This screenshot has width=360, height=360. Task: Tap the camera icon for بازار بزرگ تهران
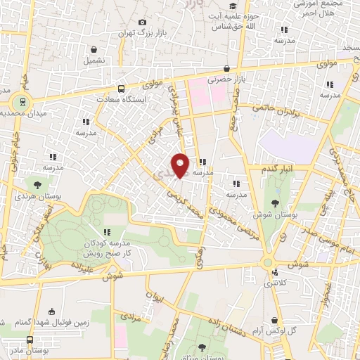pos(143,22)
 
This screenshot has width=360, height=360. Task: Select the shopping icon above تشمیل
pos(94,49)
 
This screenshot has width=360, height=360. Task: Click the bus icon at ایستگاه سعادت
pos(121,89)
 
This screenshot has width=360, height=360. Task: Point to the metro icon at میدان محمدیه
pos(23,101)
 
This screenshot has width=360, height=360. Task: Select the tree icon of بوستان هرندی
pos(37,184)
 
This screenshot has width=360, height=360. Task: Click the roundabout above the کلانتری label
pos(268,263)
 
